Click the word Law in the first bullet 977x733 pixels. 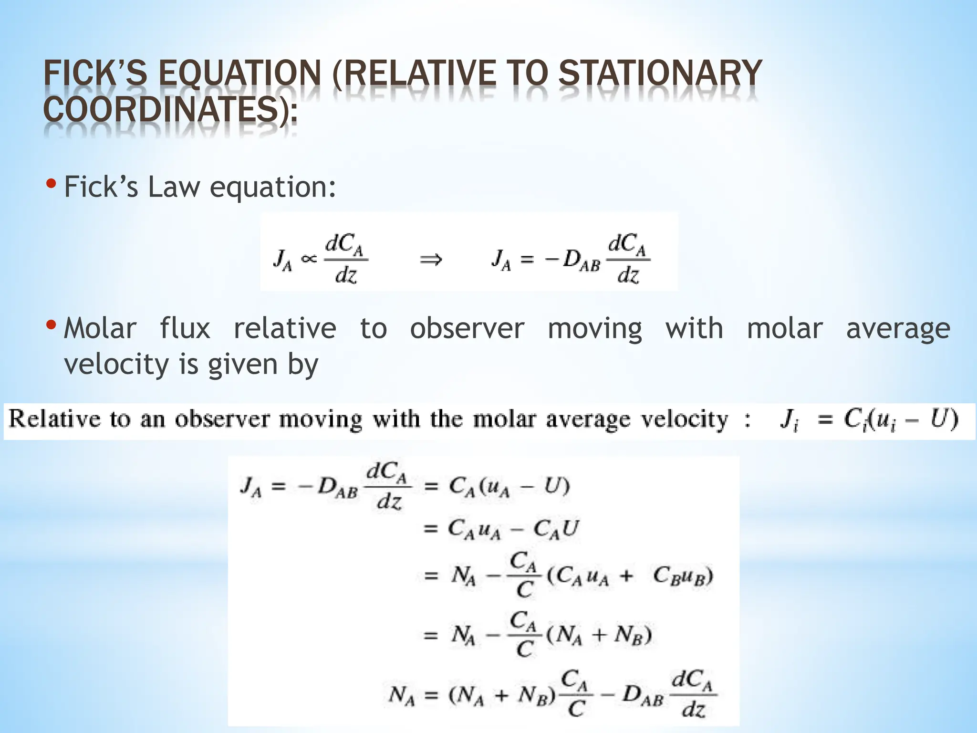point(174,187)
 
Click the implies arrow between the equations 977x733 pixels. point(430,260)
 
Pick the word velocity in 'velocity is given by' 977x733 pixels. point(117,364)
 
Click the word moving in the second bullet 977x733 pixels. point(595,329)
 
